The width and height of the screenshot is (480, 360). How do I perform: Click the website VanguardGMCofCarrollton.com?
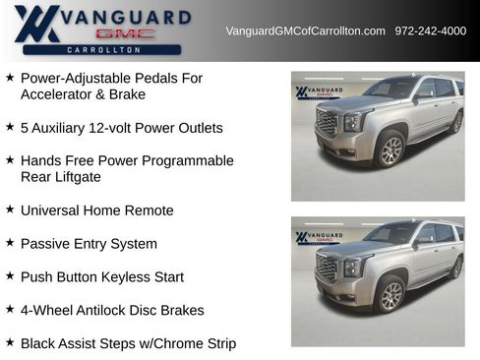pyautogui.click(x=305, y=30)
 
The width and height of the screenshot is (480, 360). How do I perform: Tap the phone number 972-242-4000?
pyautogui.click(x=431, y=30)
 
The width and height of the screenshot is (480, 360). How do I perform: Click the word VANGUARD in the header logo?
pyautogui.click(x=129, y=17)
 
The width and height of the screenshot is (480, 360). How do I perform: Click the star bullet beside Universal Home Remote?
pyautogui.click(x=10, y=210)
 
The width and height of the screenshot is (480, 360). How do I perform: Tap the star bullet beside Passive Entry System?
pyautogui.click(x=10, y=243)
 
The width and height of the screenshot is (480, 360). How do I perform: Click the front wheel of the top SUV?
pyautogui.click(x=391, y=150)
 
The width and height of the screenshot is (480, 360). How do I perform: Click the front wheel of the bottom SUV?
pyautogui.click(x=391, y=294)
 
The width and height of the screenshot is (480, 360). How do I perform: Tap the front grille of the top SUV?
pyautogui.click(x=327, y=123)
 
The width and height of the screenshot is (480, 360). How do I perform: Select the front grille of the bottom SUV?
pyautogui.click(x=327, y=267)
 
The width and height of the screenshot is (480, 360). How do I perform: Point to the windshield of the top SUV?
pyautogui.click(x=390, y=89)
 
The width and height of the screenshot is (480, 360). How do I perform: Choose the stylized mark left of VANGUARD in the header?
pyautogui.click(x=37, y=24)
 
